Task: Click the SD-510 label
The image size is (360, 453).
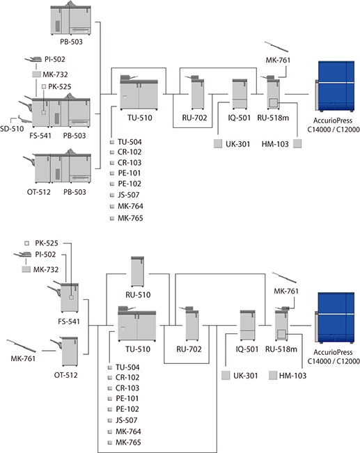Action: click(x=12, y=129)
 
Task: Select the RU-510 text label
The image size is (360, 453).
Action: click(x=138, y=294)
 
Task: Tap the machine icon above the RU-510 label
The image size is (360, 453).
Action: click(x=137, y=271)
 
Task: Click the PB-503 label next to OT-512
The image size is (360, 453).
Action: click(x=75, y=192)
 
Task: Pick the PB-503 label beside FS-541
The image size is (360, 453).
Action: click(x=75, y=136)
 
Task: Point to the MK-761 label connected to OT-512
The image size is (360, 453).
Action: click(x=23, y=358)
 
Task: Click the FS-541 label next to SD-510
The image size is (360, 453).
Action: click(x=40, y=136)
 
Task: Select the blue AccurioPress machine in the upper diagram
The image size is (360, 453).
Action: click(x=335, y=86)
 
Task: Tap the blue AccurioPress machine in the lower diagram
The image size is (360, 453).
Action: click(x=335, y=317)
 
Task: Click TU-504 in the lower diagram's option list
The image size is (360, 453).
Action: click(x=127, y=367)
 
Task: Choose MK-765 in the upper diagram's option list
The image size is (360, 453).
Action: click(x=130, y=218)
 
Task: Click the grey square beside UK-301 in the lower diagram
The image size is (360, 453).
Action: click(x=226, y=375)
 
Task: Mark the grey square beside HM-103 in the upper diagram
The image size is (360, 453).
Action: click(x=297, y=143)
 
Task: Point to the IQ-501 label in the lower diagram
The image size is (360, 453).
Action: click(x=247, y=349)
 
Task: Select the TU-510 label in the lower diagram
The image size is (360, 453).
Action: click(x=138, y=349)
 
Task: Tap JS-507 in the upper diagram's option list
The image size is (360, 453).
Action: click(x=129, y=195)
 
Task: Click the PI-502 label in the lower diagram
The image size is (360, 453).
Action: click(x=45, y=255)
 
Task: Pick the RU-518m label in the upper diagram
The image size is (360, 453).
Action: click(x=273, y=118)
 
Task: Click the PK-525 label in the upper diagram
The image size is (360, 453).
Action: click(x=60, y=87)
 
